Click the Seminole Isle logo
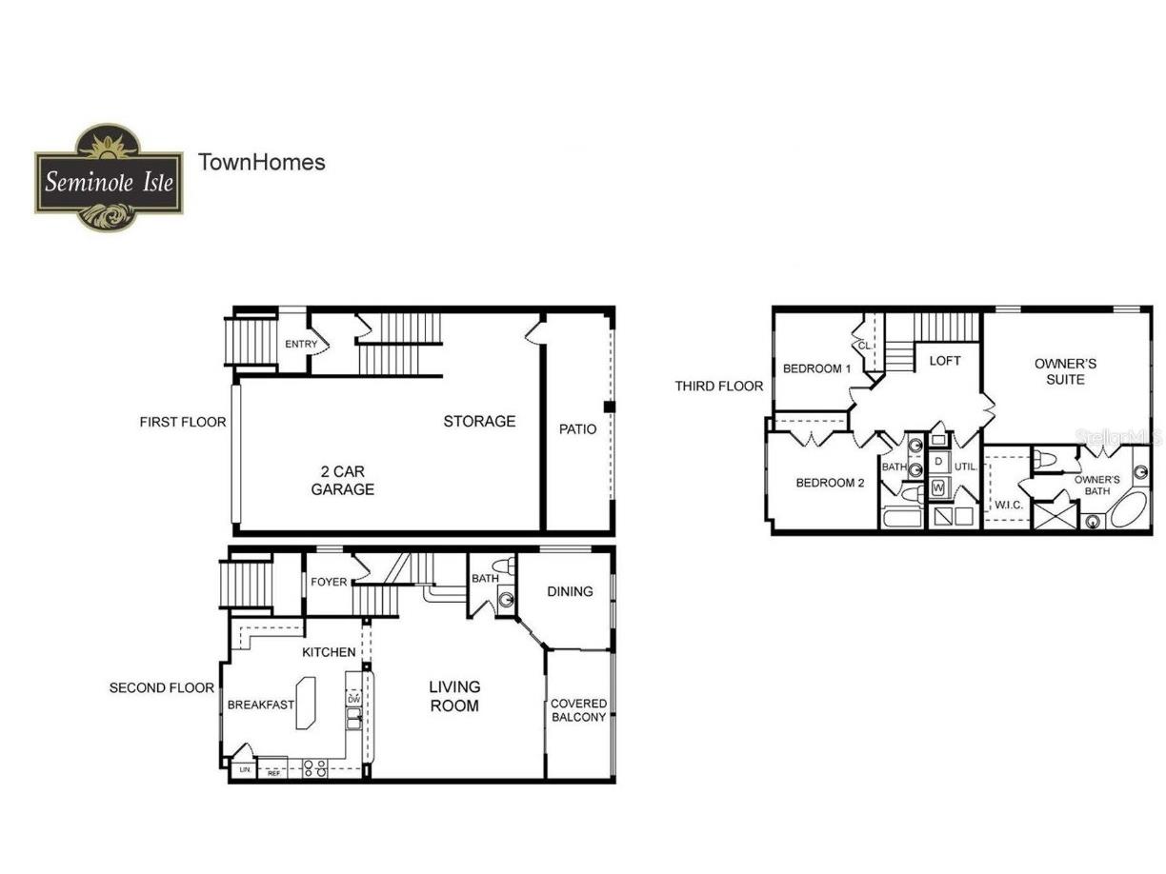[x=109, y=178]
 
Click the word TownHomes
[x=261, y=162]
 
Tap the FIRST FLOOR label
[x=183, y=422]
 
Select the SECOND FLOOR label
[x=162, y=687]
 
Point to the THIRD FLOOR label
[x=719, y=386]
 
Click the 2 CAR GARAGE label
[x=342, y=480]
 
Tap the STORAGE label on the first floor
[x=479, y=421]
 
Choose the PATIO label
[x=577, y=429]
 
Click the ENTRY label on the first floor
[x=301, y=345]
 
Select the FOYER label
[x=330, y=582]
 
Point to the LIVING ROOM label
[x=454, y=696]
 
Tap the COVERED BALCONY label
[x=578, y=710]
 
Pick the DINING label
[x=570, y=591]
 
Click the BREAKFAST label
[x=260, y=705]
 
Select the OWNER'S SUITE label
[x=1065, y=371]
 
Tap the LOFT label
[x=945, y=361]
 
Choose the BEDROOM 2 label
[x=830, y=483]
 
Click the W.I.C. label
[x=1008, y=505]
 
